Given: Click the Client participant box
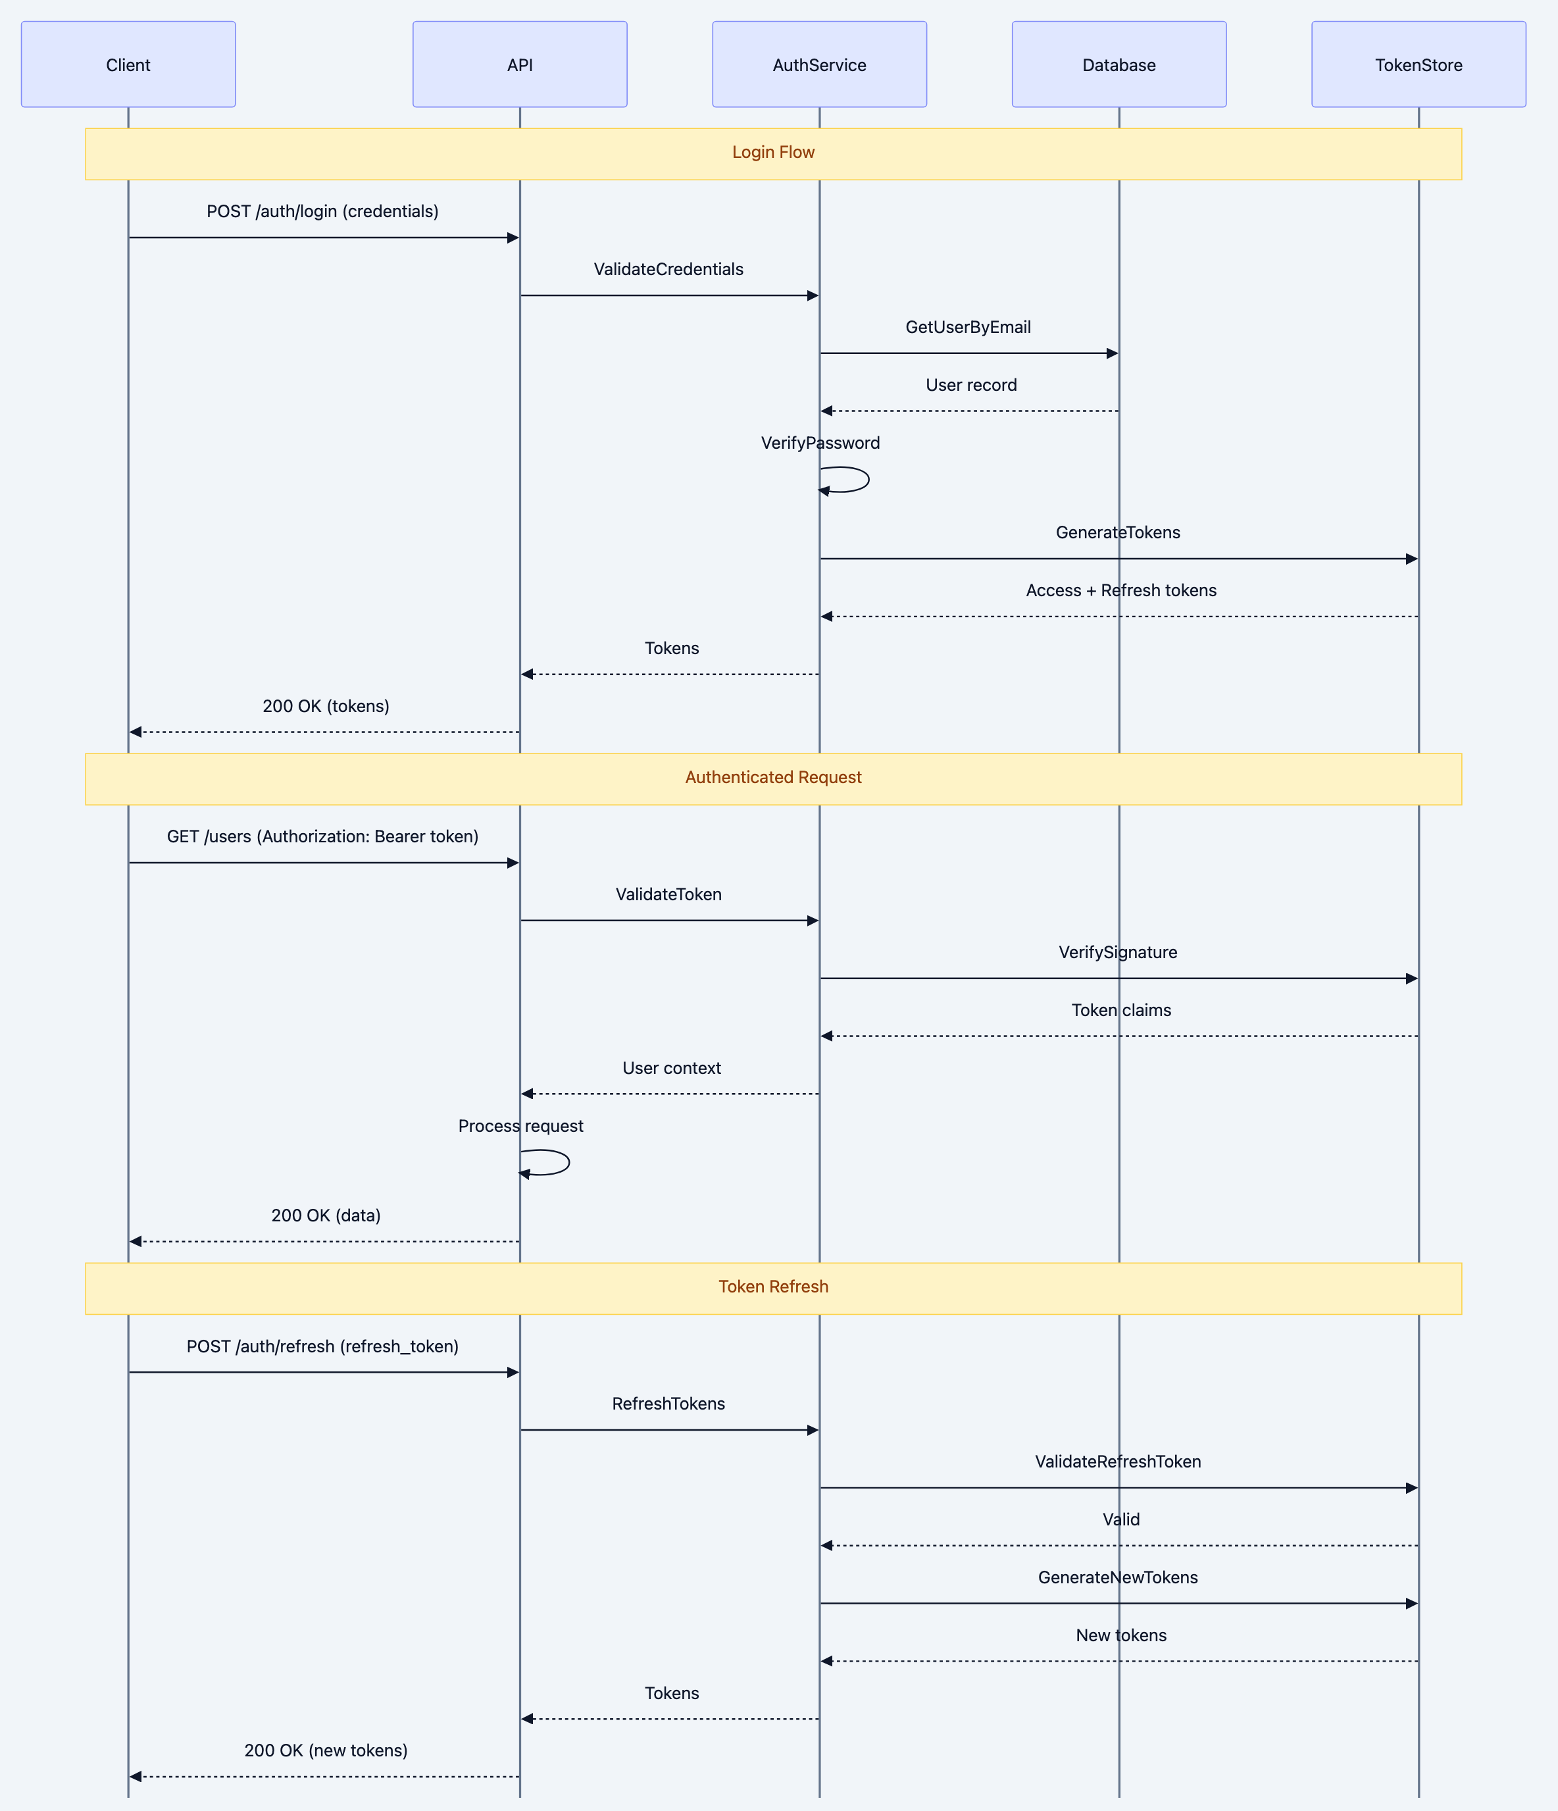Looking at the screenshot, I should pos(128,64).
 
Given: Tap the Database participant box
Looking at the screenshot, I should pos(1118,64).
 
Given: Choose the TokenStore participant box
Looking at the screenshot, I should pos(1419,64).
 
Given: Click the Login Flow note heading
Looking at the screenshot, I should pos(772,152).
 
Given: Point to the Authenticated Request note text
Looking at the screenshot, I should pos(772,777).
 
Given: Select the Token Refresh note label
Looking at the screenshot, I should pos(772,1287).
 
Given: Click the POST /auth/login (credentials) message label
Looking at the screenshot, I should pos(322,211).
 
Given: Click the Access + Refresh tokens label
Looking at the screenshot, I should pos(1120,591).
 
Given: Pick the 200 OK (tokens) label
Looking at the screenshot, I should pos(326,706).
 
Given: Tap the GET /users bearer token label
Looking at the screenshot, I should pos(322,836).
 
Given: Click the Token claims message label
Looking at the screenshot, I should pos(1121,1010).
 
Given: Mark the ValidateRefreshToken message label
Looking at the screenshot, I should pos(1118,1462).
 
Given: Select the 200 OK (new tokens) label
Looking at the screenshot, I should pos(326,1750).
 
